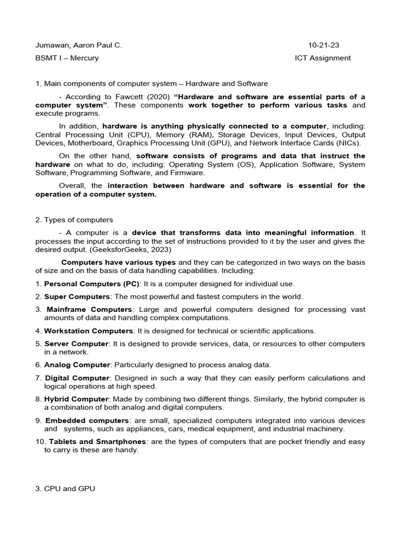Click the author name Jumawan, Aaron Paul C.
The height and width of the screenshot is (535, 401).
pyautogui.click(x=78, y=45)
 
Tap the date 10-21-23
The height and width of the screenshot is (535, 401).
pyautogui.click(x=324, y=45)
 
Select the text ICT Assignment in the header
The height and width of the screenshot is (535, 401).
pyautogui.click(x=323, y=58)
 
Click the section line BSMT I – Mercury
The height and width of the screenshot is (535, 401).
pyautogui.click(x=67, y=58)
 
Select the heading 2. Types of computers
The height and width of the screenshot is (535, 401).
pyautogui.click(x=74, y=219)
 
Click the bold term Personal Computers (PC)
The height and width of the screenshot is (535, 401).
pyautogui.click(x=92, y=284)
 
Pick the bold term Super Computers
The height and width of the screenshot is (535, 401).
pyautogui.click(x=77, y=296)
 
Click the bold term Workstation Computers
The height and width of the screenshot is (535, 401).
pyautogui.click(x=89, y=331)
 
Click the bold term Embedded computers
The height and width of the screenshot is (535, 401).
pyautogui.click(x=87, y=420)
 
